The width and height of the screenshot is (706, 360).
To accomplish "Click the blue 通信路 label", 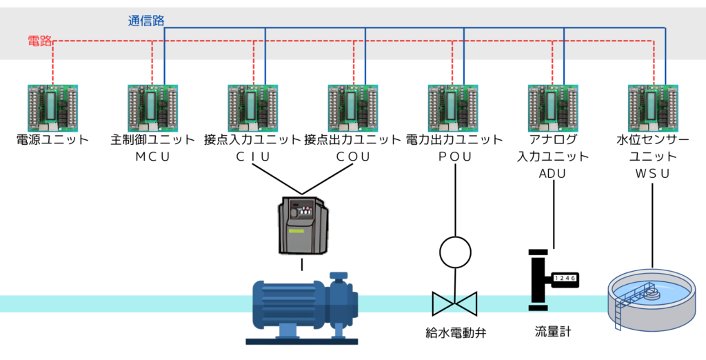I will (x=146, y=21).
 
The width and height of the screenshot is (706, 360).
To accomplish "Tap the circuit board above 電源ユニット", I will (x=52, y=108).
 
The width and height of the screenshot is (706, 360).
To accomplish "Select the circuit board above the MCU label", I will (x=152, y=108).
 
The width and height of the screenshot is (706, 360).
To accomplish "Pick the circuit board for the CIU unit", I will (x=253, y=108).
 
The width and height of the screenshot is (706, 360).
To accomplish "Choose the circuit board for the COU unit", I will (x=353, y=108).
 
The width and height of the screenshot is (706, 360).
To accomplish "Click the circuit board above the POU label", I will (x=453, y=108).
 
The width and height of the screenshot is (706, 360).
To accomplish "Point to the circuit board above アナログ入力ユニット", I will (x=553, y=108).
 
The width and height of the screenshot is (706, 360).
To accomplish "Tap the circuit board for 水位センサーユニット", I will (x=653, y=108).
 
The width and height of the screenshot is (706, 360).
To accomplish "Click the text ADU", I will (x=552, y=174).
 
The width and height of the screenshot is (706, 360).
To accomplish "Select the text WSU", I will (x=652, y=174).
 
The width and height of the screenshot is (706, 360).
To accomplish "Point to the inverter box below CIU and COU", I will (x=302, y=225).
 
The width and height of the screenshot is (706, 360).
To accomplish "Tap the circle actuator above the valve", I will (x=454, y=252).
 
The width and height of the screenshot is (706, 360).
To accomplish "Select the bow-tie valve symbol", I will (x=454, y=303).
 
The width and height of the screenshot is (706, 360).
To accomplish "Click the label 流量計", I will (x=553, y=332).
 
